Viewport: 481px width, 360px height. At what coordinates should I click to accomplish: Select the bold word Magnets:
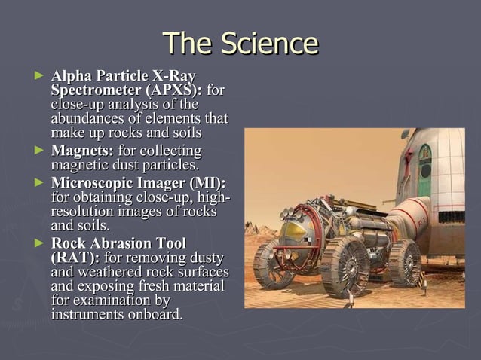point(82,151)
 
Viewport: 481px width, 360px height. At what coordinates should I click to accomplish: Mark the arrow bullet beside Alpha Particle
point(40,76)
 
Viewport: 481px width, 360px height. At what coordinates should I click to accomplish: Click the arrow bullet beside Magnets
point(40,151)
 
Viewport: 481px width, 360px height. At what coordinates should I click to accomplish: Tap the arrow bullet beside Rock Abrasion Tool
point(40,243)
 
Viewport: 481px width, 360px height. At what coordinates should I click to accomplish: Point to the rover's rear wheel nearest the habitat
point(405,260)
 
